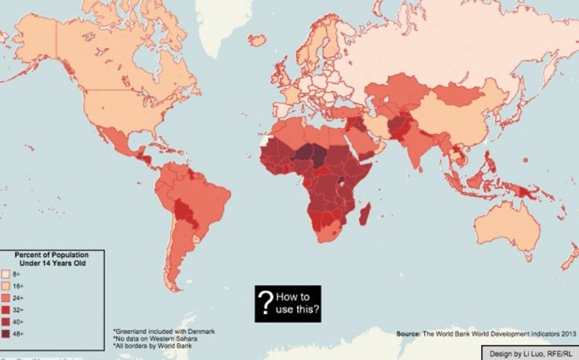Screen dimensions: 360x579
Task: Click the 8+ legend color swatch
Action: click(6, 275)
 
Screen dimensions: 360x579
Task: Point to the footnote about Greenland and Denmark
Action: click(164, 331)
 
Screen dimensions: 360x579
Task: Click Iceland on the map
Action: click(257, 40)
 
